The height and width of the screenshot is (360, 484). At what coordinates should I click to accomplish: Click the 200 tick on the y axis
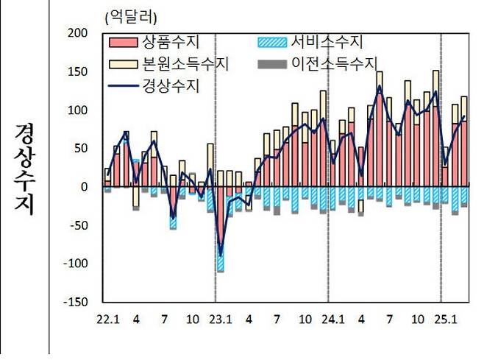click(76, 33)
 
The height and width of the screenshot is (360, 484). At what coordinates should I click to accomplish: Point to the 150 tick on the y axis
click(76, 72)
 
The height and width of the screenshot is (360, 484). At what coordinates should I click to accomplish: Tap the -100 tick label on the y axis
click(74, 264)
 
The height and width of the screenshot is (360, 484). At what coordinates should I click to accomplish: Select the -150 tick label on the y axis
click(74, 302)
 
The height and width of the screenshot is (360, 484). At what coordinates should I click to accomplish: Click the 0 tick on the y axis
click(82, 187)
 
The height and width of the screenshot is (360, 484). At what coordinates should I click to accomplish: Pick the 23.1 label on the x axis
click(221, 320)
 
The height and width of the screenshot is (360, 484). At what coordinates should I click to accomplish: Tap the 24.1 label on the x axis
click(332, 320)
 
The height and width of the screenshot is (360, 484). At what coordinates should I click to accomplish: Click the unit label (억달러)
click(129, 15)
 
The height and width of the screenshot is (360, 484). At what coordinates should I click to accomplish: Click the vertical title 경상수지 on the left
click(24, 169)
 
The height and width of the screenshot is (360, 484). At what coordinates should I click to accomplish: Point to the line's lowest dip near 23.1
click(220, 255)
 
